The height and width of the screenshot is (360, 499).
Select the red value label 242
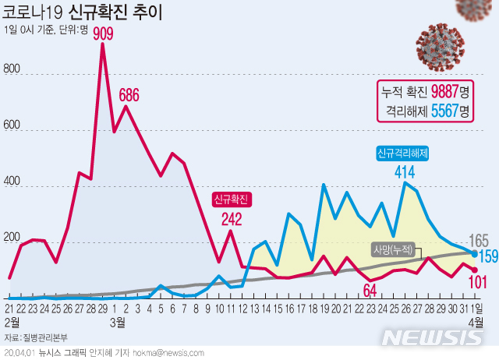(231, 220)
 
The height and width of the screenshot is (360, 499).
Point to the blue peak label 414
(404, 169)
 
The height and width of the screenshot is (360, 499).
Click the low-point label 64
(370, 291)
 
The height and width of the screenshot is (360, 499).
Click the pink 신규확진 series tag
(231, 199)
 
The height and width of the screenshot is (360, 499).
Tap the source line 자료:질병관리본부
(35, 337)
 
